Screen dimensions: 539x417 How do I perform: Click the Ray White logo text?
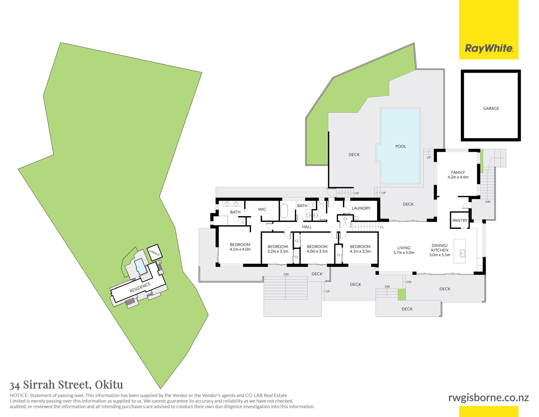(489, 48)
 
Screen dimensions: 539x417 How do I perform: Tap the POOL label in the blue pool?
(401, 146)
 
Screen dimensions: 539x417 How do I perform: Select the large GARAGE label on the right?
(491, 108)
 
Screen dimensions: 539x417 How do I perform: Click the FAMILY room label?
(458, 172)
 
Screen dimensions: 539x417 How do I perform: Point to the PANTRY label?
(460, 220)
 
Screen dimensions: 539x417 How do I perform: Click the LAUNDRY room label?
(361, 208)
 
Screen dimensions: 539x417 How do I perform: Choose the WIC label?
(262, 209)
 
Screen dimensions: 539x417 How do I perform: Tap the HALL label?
(307, 227)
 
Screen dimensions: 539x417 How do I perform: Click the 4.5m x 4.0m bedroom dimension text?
(240, 249)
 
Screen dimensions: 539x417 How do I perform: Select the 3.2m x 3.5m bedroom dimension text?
(278, 251)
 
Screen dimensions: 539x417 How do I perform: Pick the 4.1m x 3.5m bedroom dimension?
(360, 251)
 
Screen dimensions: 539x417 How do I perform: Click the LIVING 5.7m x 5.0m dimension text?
(404, 253)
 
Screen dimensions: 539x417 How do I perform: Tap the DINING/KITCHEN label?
(440, 248)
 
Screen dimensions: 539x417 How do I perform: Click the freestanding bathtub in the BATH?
(284, 210)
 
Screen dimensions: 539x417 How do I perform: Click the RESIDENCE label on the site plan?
(140, 287)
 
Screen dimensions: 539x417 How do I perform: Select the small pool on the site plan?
(140, 266)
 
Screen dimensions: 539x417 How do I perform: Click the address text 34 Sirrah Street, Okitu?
(66, 384)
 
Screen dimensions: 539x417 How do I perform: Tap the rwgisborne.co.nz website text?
(488, 398)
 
